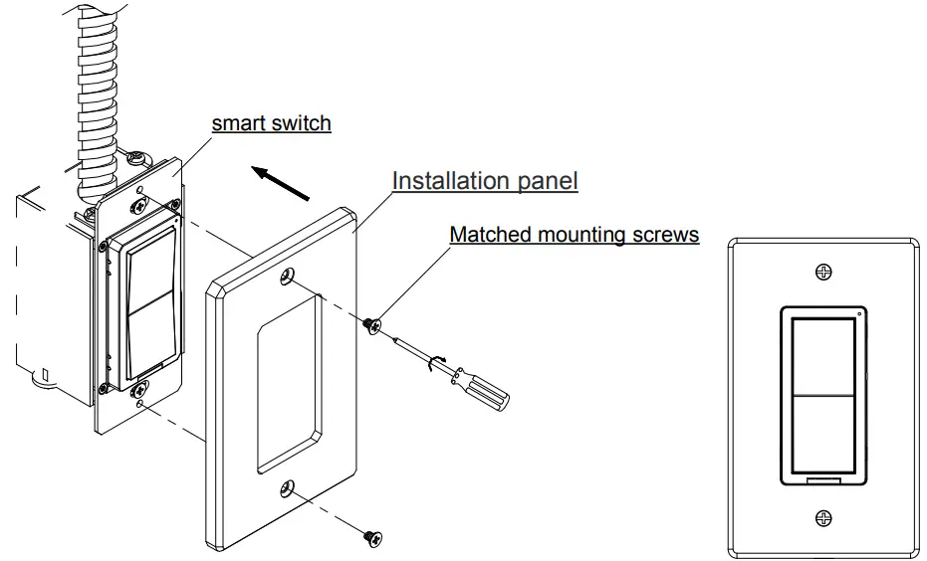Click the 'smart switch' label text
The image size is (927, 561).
[271, 124]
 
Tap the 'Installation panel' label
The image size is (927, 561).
[484, 181]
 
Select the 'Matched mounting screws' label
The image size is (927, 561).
[574, 235]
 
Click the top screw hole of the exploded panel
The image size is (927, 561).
[289, 277]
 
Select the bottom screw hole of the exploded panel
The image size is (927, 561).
[287, 488]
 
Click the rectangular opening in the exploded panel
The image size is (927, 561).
[288, 383]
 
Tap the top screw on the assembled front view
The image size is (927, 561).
[823, 272]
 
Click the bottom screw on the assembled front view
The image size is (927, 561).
[823, 517]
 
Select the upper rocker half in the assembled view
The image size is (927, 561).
[822, 356]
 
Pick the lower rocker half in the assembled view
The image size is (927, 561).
[822, 433]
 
